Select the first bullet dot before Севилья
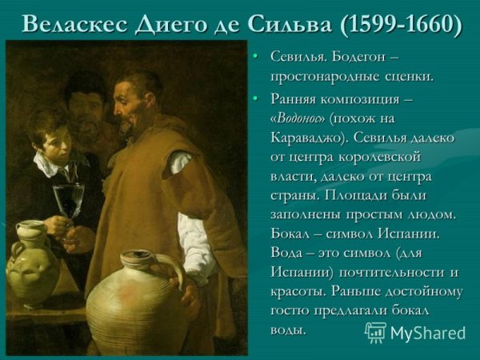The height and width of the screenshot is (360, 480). pyautogui.click(x=255, y=58)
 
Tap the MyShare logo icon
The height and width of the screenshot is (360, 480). pyautogui.click(x=375, y=332)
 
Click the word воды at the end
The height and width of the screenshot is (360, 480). pyautogui.click(x=289, y=330)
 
